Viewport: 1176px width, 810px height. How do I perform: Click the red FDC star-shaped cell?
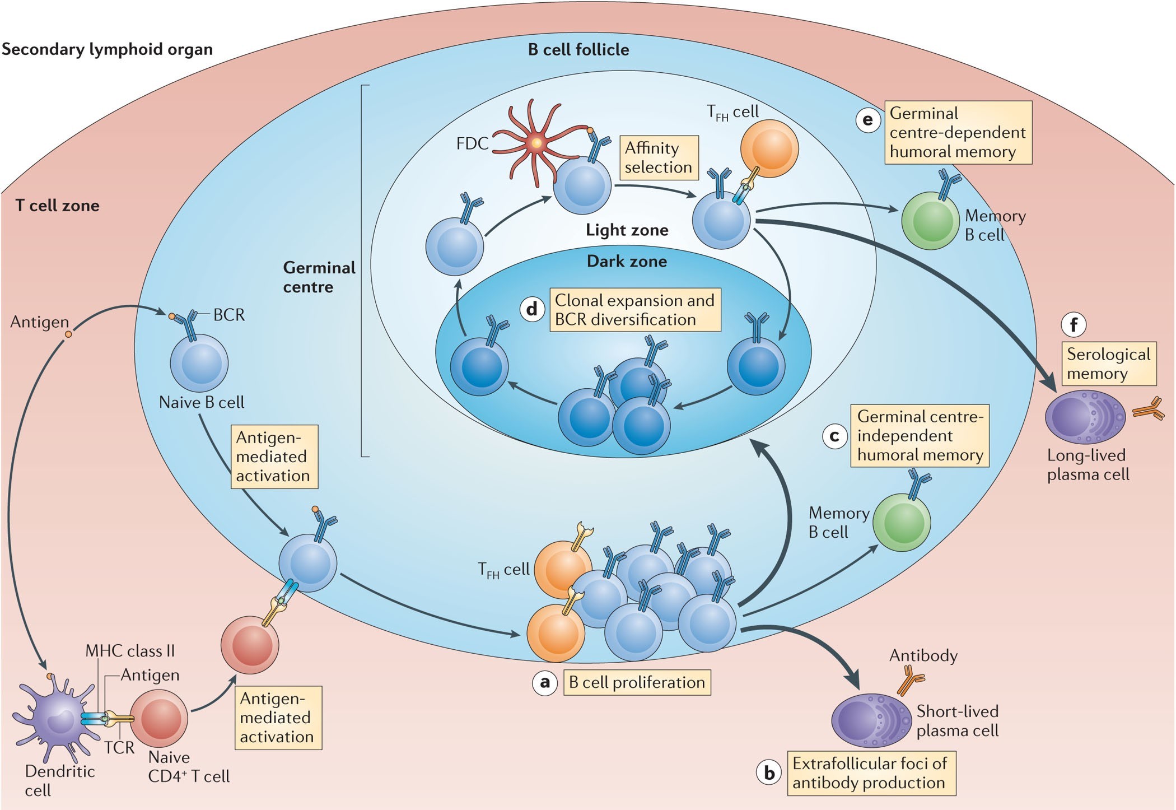point(536,143)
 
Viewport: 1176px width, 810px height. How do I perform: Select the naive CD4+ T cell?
point(159,718)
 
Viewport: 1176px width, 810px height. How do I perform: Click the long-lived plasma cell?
point(1085,417)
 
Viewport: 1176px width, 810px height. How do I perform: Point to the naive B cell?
point(199,363)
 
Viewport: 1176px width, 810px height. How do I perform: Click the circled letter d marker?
point(532,309)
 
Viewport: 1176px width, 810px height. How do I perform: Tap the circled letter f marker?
point(1074,325)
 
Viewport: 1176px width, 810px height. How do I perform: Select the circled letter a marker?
point(544,683)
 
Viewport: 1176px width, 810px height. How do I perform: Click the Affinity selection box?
point(659,157)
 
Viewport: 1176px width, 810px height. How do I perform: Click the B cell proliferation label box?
point(637,682)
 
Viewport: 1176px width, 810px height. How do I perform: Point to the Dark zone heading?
point(627,262)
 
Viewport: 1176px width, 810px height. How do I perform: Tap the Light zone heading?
point(627,230)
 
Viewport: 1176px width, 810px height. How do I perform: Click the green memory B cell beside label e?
point(930,221)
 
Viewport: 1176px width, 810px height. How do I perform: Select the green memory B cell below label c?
point(902,522)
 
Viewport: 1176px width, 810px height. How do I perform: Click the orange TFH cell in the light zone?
point(769,148)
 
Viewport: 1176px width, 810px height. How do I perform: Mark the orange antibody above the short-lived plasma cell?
point(910,681)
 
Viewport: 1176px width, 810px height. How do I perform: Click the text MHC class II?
point(130,651)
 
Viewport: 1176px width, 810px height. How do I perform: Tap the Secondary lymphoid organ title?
point(107,49)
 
